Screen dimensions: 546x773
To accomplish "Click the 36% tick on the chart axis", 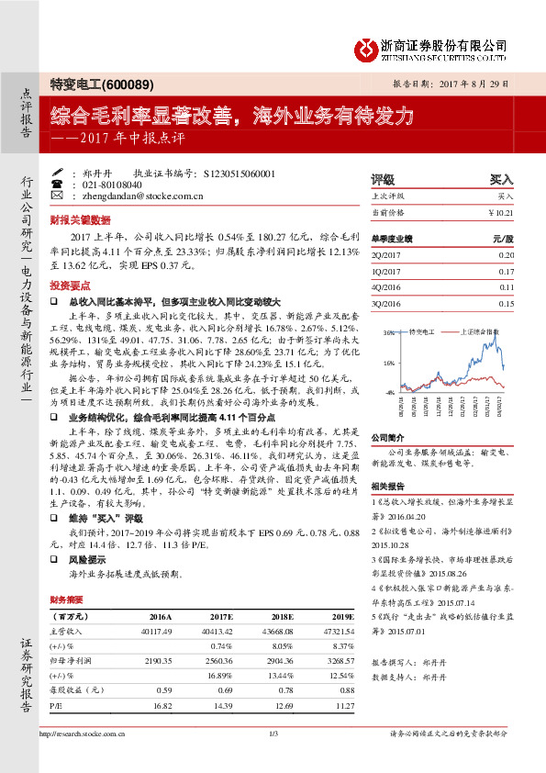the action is click(390, 331).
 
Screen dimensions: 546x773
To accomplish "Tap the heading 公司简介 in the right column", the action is click(386, 438).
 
